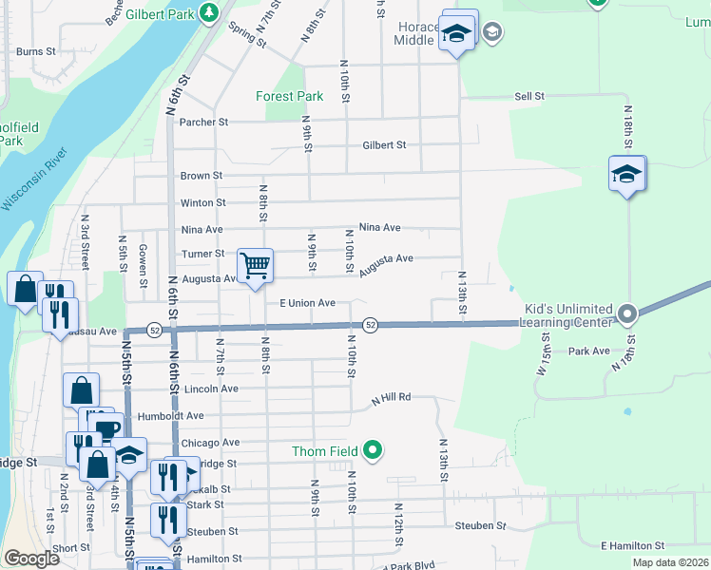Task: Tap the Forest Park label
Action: (x=290, y=96)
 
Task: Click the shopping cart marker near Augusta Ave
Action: (x=255, y=266)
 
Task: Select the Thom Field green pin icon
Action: (x=373, y=450)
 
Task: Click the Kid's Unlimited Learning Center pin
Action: (x=626, y=313)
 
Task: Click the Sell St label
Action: (x=528, y=97)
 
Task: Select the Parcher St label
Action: (x=204, y=122)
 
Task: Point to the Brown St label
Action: (x=202, y=176)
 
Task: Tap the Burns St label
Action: (x=36, y=51)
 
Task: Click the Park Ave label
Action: (x=588, y=351)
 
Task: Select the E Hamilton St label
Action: (x=632, y=545)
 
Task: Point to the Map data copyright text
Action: (x=670, y=562)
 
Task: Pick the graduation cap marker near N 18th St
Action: (x=627, y=175)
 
